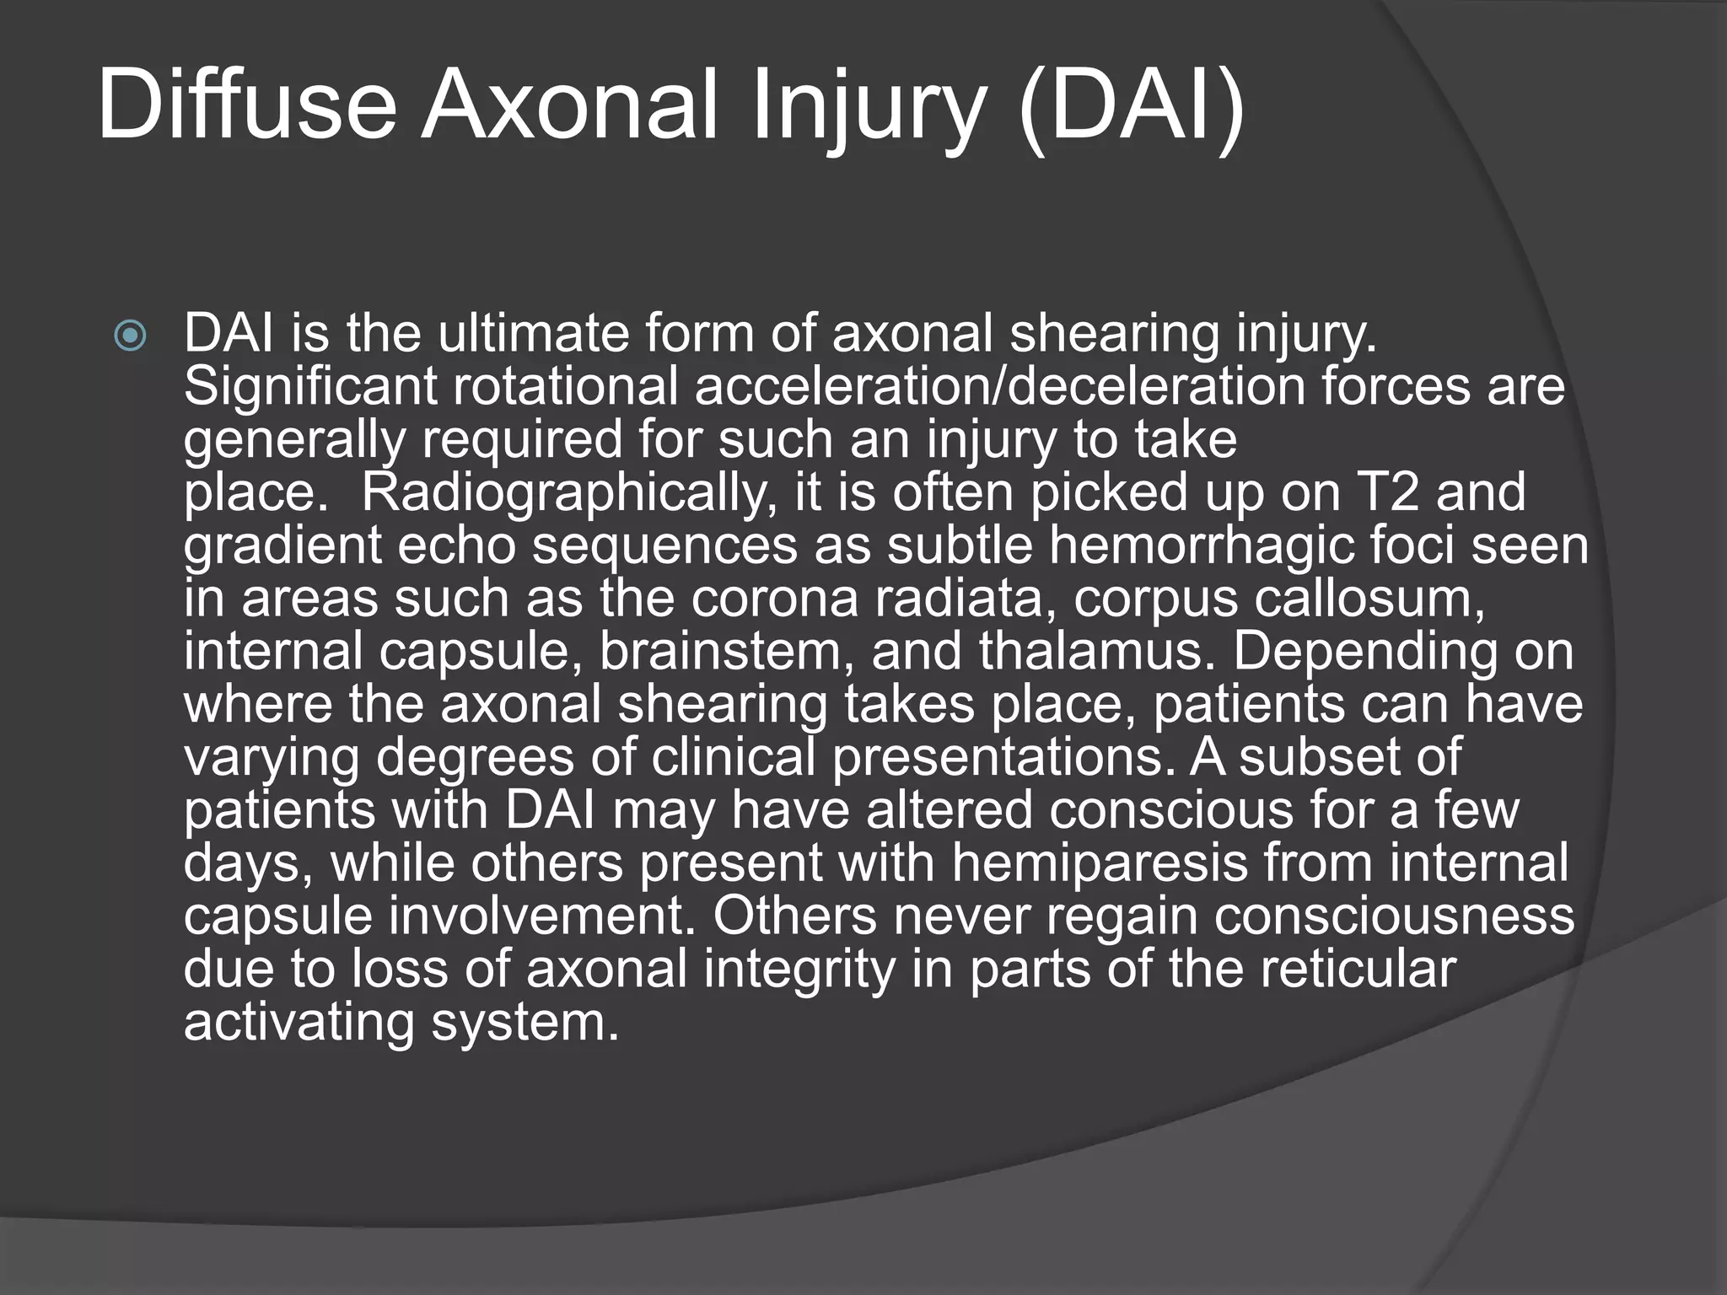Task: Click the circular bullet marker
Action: click(130, 337)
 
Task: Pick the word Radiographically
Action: click(568, 493)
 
